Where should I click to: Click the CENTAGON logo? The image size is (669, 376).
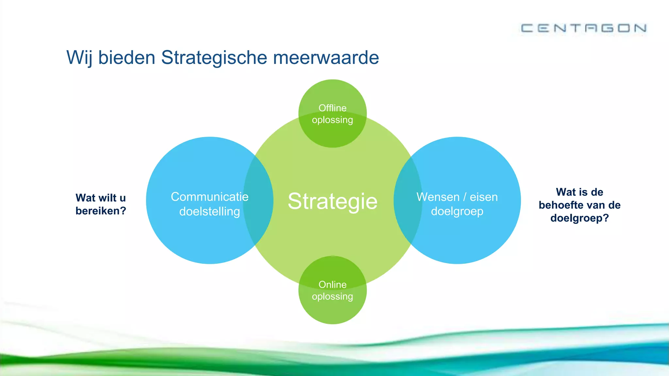coord(583,28)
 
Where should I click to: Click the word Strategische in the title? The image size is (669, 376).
coord(214,58)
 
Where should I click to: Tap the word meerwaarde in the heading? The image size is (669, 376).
coord(326,58)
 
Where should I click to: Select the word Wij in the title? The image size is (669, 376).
coord(79,58)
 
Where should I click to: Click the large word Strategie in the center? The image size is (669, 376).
coord(333,201)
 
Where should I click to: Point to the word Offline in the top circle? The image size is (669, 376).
coord(333,108)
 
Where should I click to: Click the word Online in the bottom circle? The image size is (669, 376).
coord(333,285)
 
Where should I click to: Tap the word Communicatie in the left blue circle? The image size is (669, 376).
coord(209,197)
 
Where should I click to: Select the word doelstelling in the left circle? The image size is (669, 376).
coord(209,211)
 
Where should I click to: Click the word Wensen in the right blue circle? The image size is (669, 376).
coord(438,197)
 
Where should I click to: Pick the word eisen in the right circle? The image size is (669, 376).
coord(483,197)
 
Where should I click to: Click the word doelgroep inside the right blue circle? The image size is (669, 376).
coord(457,211)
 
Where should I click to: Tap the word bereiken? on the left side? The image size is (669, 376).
coord(101,211)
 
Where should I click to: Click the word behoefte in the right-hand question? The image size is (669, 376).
coord(559,205)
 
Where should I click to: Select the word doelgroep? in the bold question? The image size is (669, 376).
coord(579,218)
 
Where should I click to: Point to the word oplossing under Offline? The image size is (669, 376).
coord(333,120)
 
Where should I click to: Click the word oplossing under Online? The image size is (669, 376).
coord(333,297)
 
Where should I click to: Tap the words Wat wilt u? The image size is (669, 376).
coord(101,198)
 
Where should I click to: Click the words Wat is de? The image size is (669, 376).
coord(579,192)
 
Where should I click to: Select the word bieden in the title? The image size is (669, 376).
coord(126,58)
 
